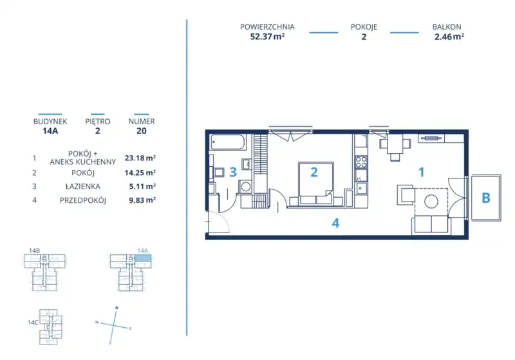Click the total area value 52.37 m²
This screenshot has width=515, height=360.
coord(267,37)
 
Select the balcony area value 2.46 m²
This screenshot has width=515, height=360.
coord(449,37)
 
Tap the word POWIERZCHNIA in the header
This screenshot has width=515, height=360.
coord(267,27)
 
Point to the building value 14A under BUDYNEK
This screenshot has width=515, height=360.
coord(50,131)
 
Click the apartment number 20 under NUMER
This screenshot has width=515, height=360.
coord(141,131)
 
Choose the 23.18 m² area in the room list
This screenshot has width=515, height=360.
coord(140,158)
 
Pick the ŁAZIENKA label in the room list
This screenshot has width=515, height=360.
coord(83,186)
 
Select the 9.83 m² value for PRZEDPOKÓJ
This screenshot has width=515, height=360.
coord(142,200)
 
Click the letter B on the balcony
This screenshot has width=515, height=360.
coord(486,198)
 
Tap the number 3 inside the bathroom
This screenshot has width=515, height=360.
coord(233,172)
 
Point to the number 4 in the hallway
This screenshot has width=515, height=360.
coord(335,223)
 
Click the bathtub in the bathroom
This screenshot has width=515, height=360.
coord(227,142)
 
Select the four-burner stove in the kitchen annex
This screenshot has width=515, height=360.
coord(361,162)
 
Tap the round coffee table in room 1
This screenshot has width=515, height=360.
coord(431,202)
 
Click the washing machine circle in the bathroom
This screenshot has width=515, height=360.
coord(245,187)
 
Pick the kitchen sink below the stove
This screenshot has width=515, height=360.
coord(361,188)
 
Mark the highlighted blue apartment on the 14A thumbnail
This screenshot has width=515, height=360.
coord(144,258)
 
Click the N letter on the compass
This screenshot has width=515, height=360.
coord(117,308)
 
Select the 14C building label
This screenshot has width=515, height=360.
coord(33,323)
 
